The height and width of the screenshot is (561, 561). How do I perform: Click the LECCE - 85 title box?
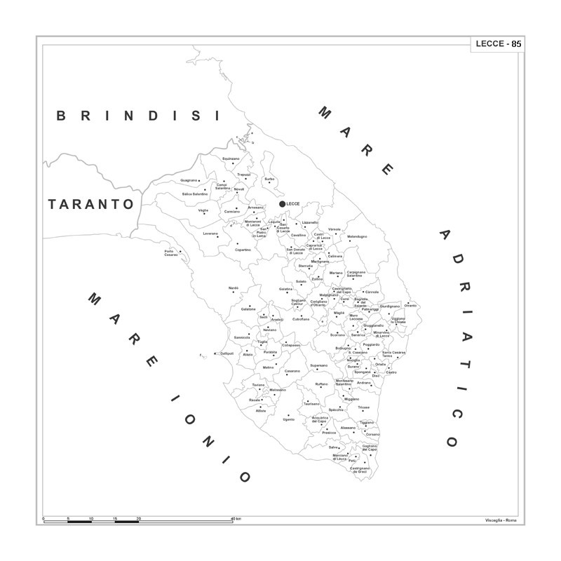click(x=497, y=43)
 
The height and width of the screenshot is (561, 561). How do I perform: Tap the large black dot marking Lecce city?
click(x=283, y=203)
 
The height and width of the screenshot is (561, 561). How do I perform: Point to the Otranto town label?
click(x=410, y=306)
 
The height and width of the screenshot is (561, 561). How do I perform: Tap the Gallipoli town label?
click(x=227, y=353)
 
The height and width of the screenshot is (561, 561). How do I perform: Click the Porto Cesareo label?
click(x=172, y=253)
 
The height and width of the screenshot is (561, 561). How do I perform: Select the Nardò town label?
click(x=234, y=288)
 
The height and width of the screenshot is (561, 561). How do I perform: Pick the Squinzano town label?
click(x=231, y=158)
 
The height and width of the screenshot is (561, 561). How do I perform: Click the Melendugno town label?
click(x=357, y=236)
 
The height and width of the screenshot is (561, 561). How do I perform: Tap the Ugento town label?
click(x=289, y=419)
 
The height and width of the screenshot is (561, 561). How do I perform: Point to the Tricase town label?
click(x=363, y=407)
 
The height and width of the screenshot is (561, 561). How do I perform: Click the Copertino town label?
click(x=243, y=250)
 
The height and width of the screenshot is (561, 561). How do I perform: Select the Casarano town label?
click(x=292, y=371)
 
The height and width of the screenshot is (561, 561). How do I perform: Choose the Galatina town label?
click(x=285, y=289)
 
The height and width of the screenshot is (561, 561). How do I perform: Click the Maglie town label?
click(x=339, y=313)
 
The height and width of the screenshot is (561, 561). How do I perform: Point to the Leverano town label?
click(x=210, y=234)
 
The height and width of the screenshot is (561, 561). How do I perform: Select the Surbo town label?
click(x=269, y=179)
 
